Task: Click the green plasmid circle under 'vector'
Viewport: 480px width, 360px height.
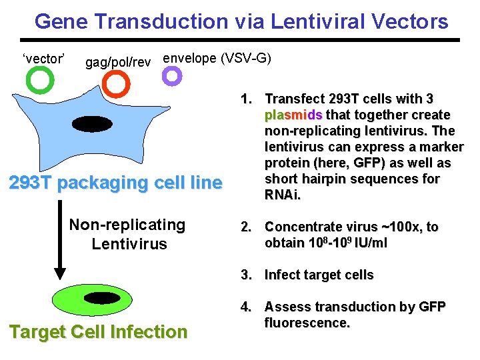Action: click(39, 81)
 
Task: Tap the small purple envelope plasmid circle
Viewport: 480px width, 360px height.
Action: click(172, 76)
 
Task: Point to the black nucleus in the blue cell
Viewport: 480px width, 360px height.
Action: click(93, 124)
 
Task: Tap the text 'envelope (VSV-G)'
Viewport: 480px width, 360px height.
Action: click(217, 58)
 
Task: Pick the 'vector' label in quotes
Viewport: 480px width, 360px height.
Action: click(43, 58)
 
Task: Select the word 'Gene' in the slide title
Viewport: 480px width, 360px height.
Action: click(61, 21)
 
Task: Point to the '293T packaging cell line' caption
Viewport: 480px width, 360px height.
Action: click(115, 183)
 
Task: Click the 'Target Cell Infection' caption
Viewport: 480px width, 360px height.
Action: click(98, 331)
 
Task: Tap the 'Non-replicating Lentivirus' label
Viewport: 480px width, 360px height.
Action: click(128, 234)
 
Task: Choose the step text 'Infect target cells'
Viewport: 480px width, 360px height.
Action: click(319, 275)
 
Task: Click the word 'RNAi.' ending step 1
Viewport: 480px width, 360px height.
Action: click(283, 195)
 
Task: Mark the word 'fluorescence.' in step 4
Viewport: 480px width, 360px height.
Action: click(307, 323)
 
